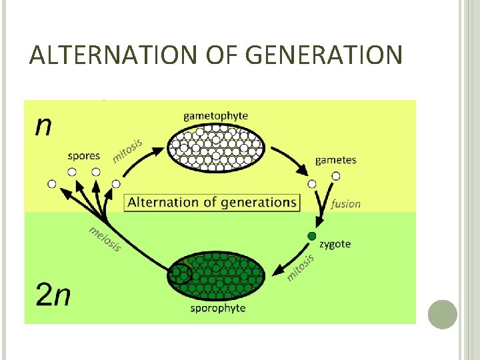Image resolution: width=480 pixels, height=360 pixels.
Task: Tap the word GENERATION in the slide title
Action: point(324,55)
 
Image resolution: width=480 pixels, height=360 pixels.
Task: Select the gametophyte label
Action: point(215,116)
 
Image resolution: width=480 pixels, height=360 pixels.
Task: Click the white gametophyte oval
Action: point(215,147)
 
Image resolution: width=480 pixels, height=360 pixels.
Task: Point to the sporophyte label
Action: point(218,308)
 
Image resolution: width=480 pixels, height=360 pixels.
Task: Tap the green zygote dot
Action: point(310,236)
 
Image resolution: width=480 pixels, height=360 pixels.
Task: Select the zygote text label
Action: point(335,244)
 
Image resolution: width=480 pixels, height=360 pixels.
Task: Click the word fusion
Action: point(345,204)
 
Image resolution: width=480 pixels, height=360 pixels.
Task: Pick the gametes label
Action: point(335,160)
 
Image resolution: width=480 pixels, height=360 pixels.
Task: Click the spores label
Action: point(84,156)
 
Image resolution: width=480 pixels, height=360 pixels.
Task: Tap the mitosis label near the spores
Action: point(127,147)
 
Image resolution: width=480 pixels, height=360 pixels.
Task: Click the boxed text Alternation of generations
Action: point(212,202)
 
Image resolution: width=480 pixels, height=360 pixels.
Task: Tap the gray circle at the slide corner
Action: point(442,314)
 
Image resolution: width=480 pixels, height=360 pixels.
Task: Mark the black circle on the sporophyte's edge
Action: point(179,274)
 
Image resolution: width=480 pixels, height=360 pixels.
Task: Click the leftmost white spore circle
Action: point(52,183)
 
